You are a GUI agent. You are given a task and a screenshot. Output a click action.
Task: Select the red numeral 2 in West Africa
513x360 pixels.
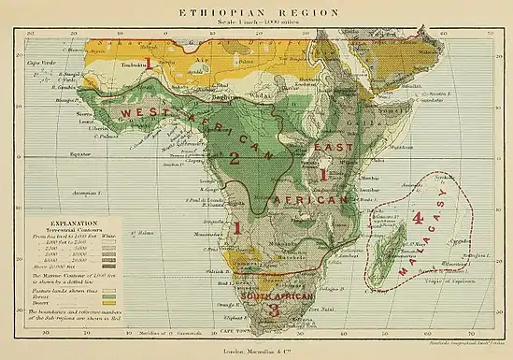coord(235,160)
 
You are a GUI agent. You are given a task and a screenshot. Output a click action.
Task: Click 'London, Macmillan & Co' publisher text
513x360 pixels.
coord(256,353)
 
